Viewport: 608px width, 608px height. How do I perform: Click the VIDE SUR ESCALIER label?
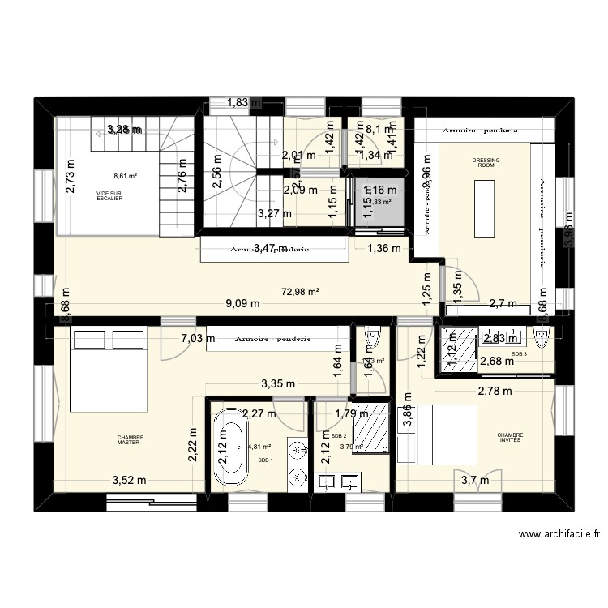(109, 196)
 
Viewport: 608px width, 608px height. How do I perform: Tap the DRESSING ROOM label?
(486, 163)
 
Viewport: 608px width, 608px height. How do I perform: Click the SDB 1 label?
(265, 460)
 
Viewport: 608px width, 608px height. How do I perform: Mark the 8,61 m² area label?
(125, 175)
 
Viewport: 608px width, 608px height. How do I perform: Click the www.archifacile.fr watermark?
(559, 534)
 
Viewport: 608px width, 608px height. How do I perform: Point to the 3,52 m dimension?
(128, 480)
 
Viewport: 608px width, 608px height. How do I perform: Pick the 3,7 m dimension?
(475, 480)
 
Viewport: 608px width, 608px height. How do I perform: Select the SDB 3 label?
(518, 354)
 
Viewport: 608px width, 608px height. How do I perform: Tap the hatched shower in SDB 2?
(372, 427)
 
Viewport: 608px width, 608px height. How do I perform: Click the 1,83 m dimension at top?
(238, 102)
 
